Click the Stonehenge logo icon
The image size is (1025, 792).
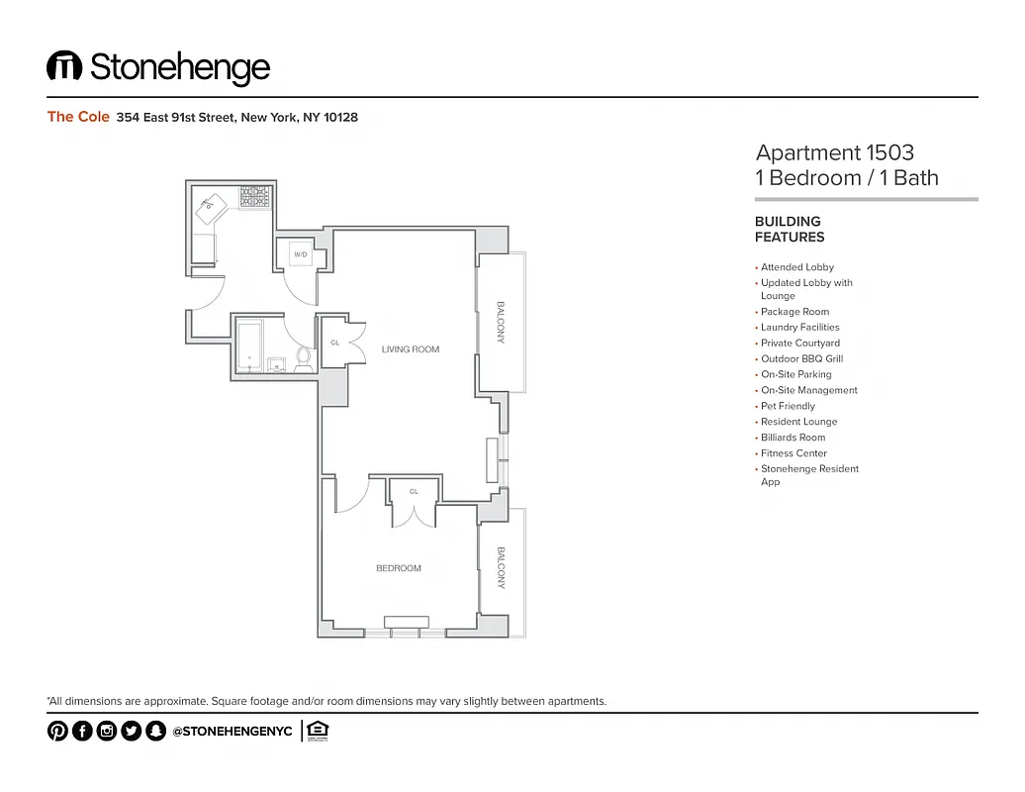point(64,66)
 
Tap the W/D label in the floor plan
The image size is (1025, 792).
point(301,255)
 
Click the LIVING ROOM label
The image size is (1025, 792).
point(411,349)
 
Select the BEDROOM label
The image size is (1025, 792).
point(399,568)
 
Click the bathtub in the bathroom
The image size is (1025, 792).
point(250,346)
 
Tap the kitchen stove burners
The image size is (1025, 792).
point(255,197)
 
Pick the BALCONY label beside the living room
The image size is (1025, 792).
point(501,322)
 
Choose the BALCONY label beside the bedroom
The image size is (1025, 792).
point(501,568)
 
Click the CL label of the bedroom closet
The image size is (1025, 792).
point(414,491)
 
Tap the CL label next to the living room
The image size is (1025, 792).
point(334,344)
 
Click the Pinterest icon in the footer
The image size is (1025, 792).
point(57,731)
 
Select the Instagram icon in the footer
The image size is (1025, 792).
point(107,731)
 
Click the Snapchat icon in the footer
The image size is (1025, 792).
point(155,731)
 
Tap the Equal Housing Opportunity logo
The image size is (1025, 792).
point(318,731)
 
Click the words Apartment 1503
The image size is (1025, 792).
point(834,152)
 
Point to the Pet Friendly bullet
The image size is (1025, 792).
point(788,406)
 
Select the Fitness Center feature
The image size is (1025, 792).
point(793,453)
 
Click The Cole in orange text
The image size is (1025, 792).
point(78,117)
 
